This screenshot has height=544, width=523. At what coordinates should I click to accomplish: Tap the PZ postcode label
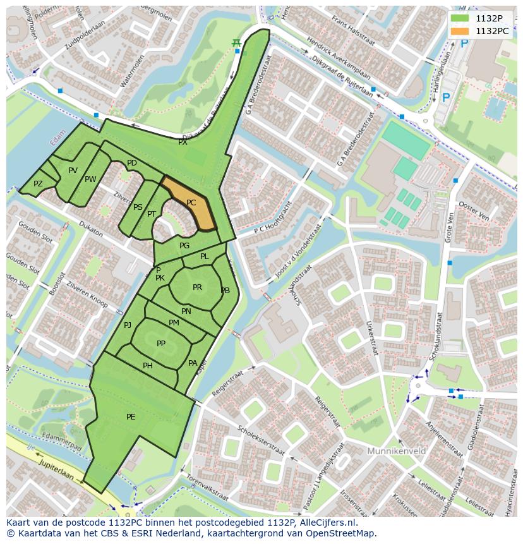point(38,184)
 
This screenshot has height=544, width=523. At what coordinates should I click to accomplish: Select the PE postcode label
point(131,416)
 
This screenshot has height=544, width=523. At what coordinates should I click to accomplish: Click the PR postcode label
point(197,287)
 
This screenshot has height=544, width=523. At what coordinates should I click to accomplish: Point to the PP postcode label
point(161,343)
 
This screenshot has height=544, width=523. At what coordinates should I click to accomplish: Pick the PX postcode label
point(183,142)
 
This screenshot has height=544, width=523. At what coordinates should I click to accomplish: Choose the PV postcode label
point(73,171)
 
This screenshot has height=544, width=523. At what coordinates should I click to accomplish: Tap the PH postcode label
point(148,365)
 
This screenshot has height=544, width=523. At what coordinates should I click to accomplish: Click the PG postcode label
point(184,245)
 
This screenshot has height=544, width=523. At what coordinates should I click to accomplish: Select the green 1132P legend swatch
point(460,18)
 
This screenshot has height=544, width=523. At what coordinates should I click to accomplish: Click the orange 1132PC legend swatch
point(460,30)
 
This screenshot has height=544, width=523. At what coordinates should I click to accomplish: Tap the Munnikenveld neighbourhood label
point(396,451)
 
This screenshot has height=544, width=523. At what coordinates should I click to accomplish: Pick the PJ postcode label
point(128,325)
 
